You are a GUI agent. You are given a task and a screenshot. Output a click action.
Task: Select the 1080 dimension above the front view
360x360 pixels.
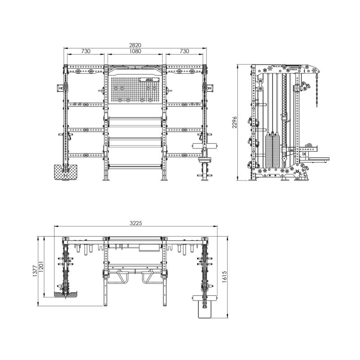coord(135,51)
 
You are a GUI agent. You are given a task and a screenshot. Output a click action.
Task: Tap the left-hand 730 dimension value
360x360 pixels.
coord(86,51)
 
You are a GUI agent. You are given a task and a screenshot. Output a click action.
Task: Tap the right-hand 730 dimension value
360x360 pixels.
coord(184,51)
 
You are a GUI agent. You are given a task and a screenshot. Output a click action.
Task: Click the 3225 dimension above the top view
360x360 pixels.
coord(137,223)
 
